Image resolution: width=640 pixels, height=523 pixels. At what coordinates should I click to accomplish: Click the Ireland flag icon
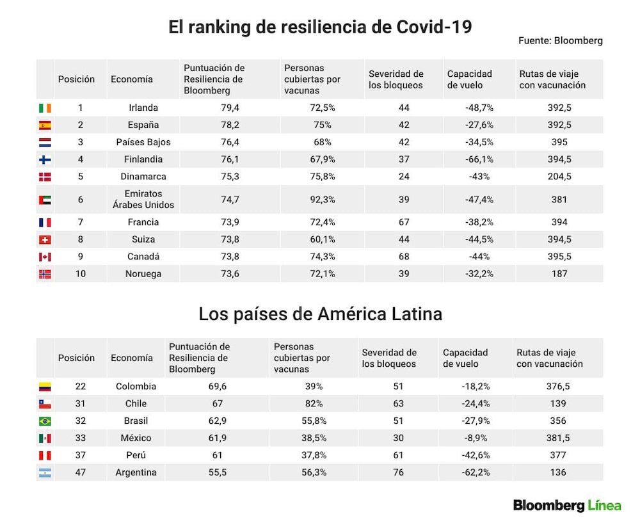pos(45,108)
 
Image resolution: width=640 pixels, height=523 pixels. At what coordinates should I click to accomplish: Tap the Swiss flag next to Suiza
pos(45,239)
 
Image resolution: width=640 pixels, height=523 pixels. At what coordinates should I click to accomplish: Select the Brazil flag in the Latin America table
pos(45,421)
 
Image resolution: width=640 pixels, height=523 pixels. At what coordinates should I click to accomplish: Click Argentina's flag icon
pos(45,473)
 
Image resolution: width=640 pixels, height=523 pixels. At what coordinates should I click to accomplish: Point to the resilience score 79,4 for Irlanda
pos(230,108)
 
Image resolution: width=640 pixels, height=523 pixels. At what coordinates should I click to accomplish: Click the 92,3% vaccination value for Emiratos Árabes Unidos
pos(323,200)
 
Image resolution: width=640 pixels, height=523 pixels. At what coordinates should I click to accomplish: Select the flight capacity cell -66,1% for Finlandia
pos(479,159)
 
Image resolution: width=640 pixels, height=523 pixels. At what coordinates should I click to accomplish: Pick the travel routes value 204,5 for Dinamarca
pos(559,177)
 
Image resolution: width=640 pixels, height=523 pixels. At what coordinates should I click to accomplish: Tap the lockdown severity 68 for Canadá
pos(404,257)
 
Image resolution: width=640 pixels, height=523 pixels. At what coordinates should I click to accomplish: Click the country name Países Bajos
pos(143,142)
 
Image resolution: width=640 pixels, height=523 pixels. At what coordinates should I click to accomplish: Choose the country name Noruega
pos(143,274)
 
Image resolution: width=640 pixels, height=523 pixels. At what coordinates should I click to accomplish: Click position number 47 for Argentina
pos(81,472)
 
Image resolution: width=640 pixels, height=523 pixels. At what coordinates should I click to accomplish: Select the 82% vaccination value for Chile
pos(314,403)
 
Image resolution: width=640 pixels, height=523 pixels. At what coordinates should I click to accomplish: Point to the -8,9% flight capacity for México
pos(476,438)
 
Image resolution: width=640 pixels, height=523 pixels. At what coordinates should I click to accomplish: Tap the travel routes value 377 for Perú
pos(558,455)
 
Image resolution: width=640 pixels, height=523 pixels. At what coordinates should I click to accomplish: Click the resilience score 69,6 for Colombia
pos(217,386)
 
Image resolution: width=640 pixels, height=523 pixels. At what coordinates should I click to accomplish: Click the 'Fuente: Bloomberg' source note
pos(561,40)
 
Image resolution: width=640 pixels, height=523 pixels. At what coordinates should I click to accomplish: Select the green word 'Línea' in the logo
pos(604,506)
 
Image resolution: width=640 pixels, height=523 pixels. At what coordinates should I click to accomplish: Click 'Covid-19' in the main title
pos(435,28)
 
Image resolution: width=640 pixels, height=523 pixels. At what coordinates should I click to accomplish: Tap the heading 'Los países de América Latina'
pos(321,314)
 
